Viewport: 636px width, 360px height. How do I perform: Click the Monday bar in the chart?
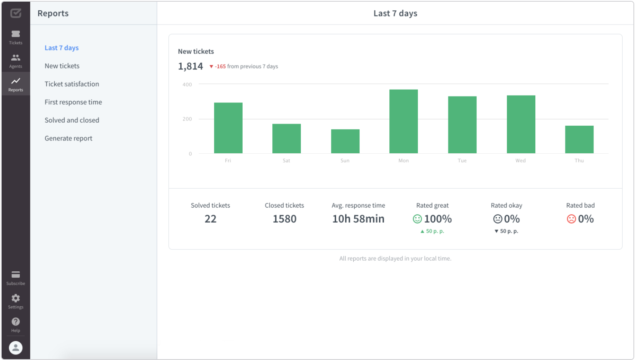403,121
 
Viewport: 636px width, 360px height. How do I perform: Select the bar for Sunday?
345,141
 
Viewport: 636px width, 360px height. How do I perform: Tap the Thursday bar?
579,140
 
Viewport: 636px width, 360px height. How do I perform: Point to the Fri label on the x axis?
228,161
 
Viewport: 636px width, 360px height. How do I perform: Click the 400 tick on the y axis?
187,85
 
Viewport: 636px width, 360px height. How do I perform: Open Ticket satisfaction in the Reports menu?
72,84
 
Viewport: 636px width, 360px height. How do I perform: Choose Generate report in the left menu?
68,138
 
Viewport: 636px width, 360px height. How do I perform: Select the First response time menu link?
73,102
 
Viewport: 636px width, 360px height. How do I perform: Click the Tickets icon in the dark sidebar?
15,34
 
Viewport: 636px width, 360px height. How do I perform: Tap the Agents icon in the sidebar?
15,58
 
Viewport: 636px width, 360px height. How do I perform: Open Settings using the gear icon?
15,298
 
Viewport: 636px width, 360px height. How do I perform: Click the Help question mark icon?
15,322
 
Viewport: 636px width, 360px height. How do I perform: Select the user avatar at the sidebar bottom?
15,348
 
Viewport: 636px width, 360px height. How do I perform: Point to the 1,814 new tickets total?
190,66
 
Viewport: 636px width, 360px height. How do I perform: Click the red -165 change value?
220,66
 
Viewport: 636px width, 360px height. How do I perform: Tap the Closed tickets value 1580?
284,219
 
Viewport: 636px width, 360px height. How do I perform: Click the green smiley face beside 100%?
417,219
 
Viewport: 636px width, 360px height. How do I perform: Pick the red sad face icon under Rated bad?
571,219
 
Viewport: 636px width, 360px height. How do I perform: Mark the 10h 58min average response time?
358,219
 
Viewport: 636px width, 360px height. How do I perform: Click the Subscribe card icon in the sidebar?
15,275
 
